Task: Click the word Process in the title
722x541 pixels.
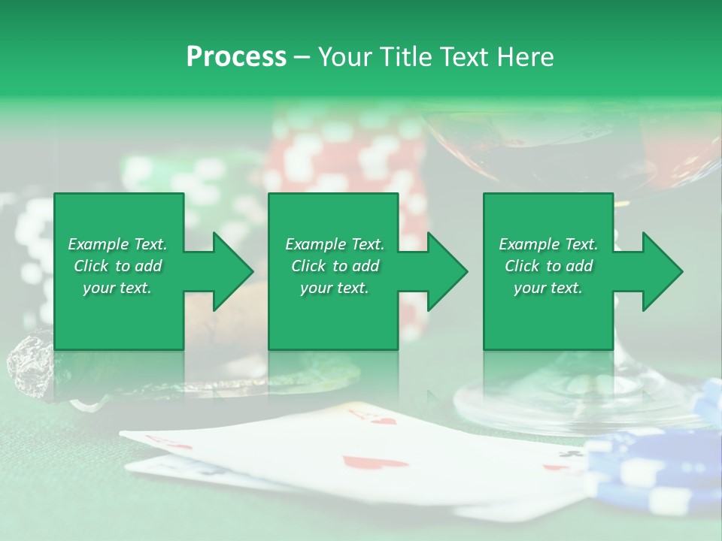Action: click(236, 57)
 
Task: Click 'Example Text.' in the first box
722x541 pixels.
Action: click(117, 244)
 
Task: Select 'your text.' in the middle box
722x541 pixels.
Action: click(334, 288)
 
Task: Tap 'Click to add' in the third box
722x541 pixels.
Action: click(548, 266)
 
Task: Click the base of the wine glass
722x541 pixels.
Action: click(572, 398)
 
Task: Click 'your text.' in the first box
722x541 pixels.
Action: click(117, 288)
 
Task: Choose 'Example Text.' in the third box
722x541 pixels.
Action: click(548, 244)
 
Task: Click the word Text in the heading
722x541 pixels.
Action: click(465, 57)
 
